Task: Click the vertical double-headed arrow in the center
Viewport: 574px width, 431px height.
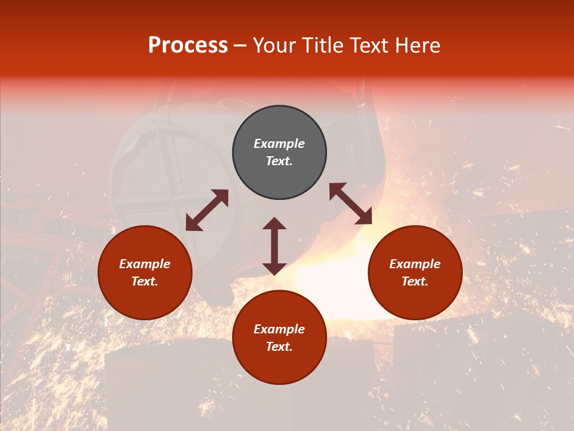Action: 274,246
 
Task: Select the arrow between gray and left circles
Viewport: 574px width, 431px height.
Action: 207,210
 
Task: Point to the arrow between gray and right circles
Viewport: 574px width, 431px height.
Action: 350,204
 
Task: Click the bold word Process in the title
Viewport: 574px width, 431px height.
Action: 188,45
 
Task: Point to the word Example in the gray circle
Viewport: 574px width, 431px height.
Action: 279,144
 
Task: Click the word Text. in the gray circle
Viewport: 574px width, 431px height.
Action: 279,161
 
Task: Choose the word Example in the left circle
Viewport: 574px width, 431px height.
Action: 145,264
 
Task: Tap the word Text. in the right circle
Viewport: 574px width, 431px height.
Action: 415,281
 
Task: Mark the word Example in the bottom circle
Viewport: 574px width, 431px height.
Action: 279,329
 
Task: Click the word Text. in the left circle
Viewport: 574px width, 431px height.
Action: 145,281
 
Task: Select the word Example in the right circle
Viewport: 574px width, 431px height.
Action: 415,264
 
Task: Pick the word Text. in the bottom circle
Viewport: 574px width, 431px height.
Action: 279,347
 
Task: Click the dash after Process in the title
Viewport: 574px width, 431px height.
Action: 240,45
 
